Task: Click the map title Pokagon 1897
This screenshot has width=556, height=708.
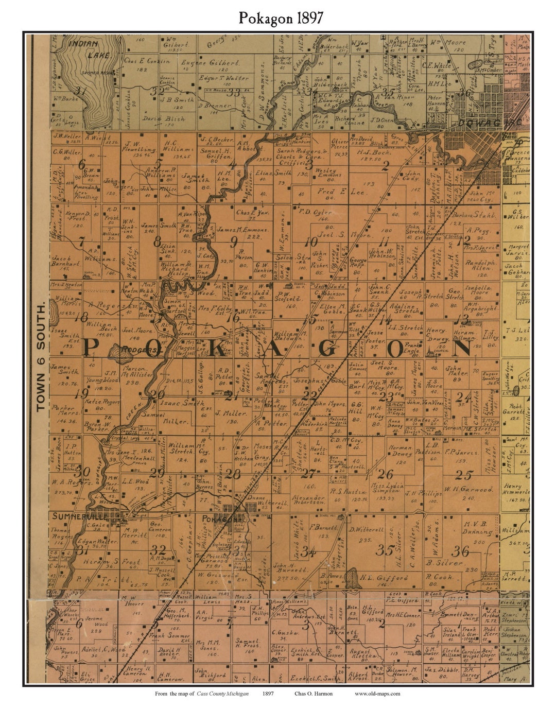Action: (281, 18)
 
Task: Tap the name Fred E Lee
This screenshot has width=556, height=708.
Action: (333, 192)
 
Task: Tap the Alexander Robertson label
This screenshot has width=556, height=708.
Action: (309, 501)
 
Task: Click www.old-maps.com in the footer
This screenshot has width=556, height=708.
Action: (377, 694)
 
